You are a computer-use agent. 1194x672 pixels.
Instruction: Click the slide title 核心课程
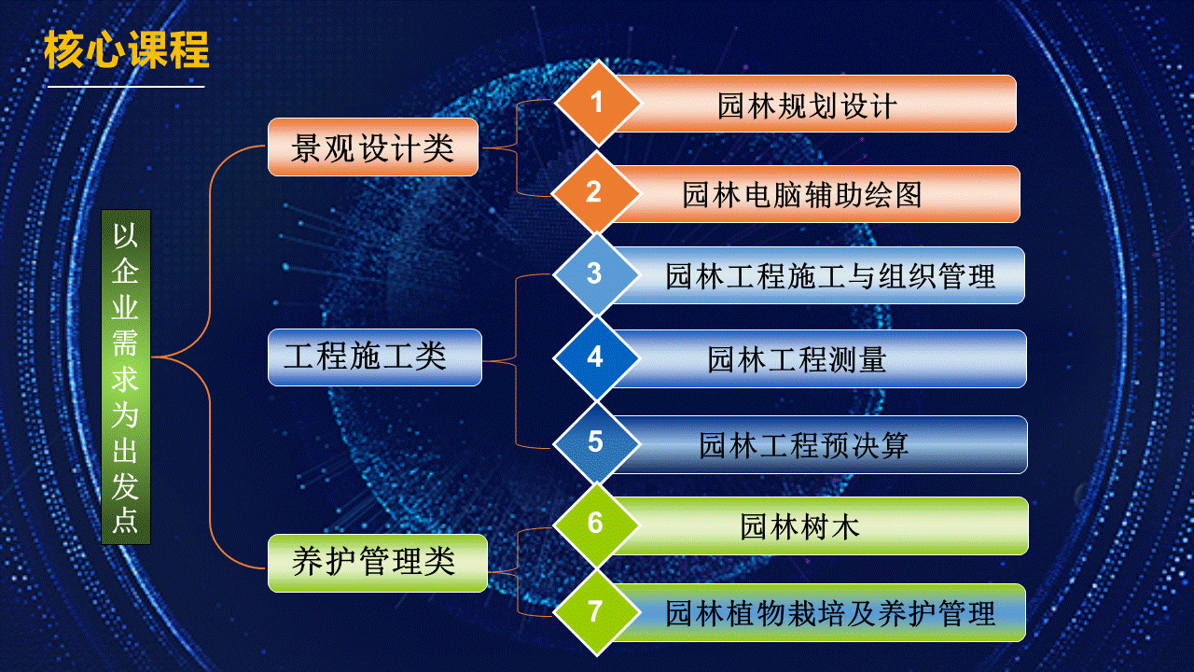click(126, 49)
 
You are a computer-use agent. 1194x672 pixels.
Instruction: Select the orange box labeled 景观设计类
click(372, 147)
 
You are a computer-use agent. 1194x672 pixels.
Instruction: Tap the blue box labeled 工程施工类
click(375, 357)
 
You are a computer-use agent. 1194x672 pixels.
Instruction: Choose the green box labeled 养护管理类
click(378, 563)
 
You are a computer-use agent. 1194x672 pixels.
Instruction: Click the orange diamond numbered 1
click(597, 103)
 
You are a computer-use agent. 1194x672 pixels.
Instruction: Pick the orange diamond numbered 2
click(595, 192)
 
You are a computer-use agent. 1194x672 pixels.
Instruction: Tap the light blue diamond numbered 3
click(595, 274)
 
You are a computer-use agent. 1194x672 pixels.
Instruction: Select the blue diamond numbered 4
click(596, 357)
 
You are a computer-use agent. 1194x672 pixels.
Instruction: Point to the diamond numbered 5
click(596, 442)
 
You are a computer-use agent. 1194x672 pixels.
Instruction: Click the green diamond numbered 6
click(596, 525)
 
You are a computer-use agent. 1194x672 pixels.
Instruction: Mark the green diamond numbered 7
click(596, 612)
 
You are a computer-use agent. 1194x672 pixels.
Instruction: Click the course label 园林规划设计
click(807, 105)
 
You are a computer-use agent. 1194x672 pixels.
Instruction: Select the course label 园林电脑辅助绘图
click(802, 195)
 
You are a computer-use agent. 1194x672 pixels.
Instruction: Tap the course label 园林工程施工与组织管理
click(830, 276)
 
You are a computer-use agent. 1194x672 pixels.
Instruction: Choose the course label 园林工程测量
click(797, 359)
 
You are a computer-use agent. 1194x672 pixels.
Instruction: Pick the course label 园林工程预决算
click(803, 445)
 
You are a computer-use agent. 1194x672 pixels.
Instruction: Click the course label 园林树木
click(799, 527)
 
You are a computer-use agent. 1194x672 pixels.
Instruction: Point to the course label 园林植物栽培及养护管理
click(830, 613)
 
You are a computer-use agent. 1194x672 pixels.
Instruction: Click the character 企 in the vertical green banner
click(125, 272)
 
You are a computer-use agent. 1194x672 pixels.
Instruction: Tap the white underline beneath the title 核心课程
click(126, 87)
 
